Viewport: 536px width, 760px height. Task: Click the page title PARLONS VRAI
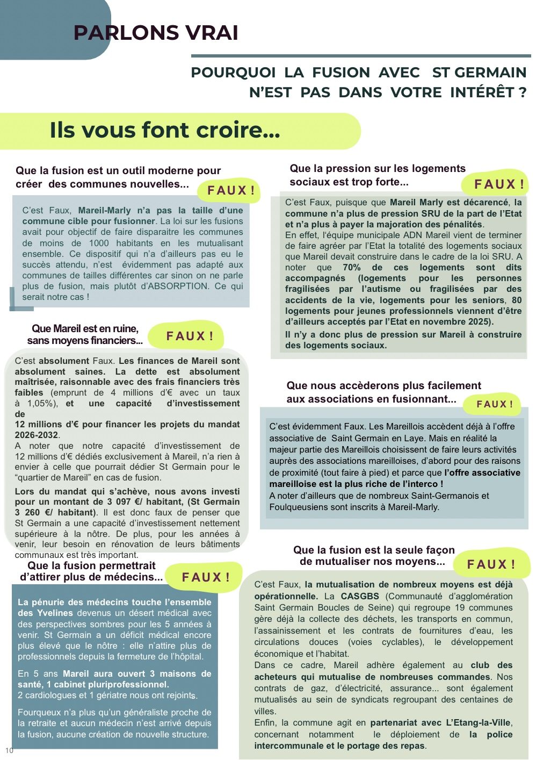pyautogui.click(x=156, y=33)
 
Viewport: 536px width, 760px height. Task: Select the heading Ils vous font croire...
pyautogui.click(x=165, y=130)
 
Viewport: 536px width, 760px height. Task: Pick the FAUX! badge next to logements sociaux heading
pyautogui.click(x=498, y=184)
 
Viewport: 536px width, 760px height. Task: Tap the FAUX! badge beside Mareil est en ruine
pyautogui.click(x=190, y=336)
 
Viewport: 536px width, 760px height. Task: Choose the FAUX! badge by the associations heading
pyautogui.click(x=494, y=404)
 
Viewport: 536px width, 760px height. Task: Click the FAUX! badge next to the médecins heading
pyautogui.click(x=205, y=577)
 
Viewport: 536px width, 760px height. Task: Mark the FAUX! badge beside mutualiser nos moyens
pyautogui.click(x=491, y=564)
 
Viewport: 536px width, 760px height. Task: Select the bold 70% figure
pyautogui.click(x=352, y=268)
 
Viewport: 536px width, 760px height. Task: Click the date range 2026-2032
pyautogui.click(x=37, y=435)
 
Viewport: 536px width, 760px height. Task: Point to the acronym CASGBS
pyautogui.click(x=360, y=596)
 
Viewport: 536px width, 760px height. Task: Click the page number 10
pyautogui.click(x=9, y=750)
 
